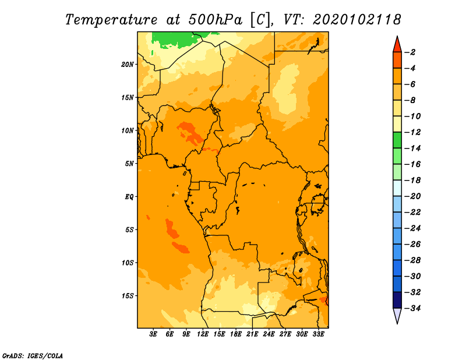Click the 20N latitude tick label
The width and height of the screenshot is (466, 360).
128,65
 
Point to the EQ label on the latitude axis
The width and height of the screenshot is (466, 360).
129,197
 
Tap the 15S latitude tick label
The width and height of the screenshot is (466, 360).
128,296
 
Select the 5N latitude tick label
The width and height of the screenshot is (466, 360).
129,164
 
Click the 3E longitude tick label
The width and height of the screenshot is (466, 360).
153,334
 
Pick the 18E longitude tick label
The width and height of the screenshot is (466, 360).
236,334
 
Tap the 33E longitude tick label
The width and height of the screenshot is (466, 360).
318,334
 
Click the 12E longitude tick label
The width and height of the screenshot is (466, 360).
203,334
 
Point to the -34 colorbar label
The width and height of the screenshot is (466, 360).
412,308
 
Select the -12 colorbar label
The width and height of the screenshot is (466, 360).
412,132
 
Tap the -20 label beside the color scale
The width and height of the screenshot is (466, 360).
412,196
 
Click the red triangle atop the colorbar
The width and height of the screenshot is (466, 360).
397,45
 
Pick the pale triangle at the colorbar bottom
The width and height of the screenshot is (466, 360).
397,315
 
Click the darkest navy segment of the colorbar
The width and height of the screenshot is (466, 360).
397,300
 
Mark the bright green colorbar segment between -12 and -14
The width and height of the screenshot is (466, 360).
397,140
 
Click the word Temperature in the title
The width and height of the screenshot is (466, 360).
111,20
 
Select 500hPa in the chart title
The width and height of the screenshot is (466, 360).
216,20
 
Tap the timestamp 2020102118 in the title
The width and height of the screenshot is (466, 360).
357,20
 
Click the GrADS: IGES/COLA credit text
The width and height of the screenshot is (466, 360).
33,356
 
